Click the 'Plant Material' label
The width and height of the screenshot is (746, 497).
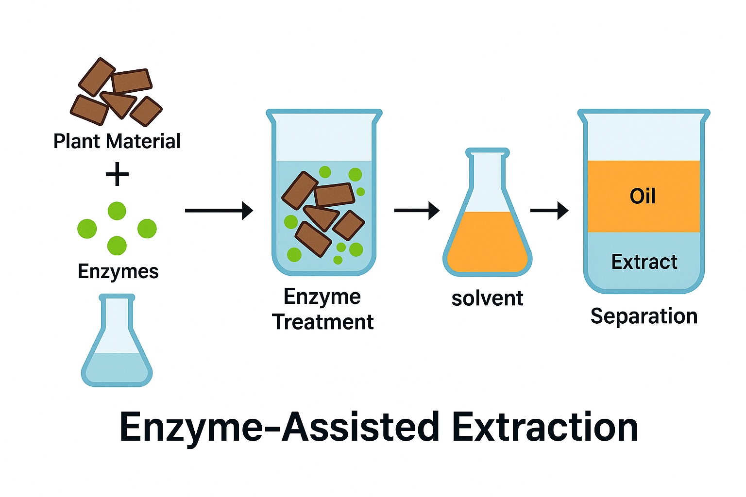(x=117, y=141)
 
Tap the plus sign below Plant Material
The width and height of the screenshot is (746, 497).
(x=117, y=175)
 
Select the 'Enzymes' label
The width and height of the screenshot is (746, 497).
(x=118, y=271)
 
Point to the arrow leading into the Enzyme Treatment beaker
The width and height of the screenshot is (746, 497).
(x=219, y=211)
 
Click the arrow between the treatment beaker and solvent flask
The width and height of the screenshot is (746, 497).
(x=416, y=211)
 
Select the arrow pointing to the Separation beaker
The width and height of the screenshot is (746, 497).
(x=549, y=211)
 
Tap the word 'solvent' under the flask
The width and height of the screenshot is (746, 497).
(x=487, y=298)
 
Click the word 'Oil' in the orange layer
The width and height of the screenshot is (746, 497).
(x=643, y=196)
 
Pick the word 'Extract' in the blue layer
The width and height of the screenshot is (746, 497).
(x=644, y=262)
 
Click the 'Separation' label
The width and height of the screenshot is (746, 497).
(x=644, y=316)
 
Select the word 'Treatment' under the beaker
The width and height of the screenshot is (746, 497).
(x=322, y=322)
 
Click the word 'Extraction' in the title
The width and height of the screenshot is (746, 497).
(x=544, y=427)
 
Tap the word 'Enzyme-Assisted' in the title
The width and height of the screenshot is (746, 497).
(x=279, y=427)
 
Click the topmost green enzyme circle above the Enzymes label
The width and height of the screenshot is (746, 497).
(x=117, y=211)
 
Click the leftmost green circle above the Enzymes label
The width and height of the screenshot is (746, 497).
(x=87, y=229)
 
